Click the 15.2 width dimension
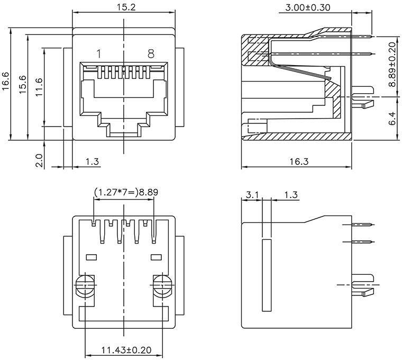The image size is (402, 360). pos(124,7)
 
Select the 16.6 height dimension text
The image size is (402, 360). pos(6,82)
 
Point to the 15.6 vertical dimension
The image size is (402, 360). pos(23,85)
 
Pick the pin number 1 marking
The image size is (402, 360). pos(98,53)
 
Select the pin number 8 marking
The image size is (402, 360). pos(151,53)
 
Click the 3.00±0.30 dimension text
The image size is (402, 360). pos(307,7)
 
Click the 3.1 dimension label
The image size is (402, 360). pos(252,195)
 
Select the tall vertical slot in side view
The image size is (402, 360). pos(266,275)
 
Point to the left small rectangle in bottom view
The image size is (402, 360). pos(91,257)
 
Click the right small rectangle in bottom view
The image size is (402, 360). pos(156,257)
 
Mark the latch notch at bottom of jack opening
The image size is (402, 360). pos(124,129)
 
